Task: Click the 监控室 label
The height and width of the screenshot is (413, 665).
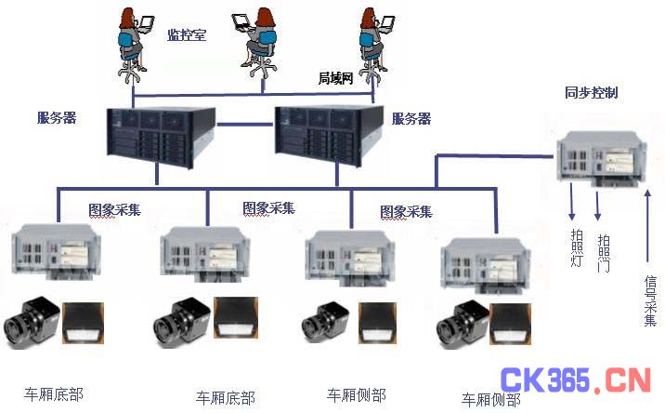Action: click(x=187, y=34)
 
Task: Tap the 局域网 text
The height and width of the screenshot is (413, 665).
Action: click(x=335, y=78)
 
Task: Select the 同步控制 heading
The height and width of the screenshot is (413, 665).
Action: click(x=592, y=92)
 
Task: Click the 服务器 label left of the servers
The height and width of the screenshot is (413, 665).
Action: click(x=57, y=118)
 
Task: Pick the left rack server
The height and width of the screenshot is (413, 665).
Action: click(x=161, y=137)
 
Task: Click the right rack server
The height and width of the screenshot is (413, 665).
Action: click(x=329, y=135)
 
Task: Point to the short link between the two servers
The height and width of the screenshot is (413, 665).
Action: click(x=245, y=125)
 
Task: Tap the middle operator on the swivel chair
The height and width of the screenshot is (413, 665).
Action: click(x=255, y=43)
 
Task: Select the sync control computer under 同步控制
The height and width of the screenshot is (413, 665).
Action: click(x=602, y=158)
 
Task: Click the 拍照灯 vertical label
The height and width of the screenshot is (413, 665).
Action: click(x=577, y=247)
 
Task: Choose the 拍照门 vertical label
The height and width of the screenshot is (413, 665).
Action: click(x=604, y=253)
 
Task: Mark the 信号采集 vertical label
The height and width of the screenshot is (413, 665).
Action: click(x=650, y=300)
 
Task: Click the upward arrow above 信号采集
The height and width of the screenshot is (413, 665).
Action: click(x=647, y=226)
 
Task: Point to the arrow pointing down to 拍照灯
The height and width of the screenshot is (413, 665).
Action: click(x=572, y=202)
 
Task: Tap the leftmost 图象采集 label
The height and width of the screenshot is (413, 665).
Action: click(x=114, y=209)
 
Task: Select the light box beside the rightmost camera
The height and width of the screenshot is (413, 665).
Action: click(x=510, y=324)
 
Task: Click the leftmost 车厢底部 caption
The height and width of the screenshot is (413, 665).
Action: click(x=54, y=394)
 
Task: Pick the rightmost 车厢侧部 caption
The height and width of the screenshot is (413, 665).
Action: click(x=491, y=399)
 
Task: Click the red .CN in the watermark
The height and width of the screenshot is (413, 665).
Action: click(x=621, y=380)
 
